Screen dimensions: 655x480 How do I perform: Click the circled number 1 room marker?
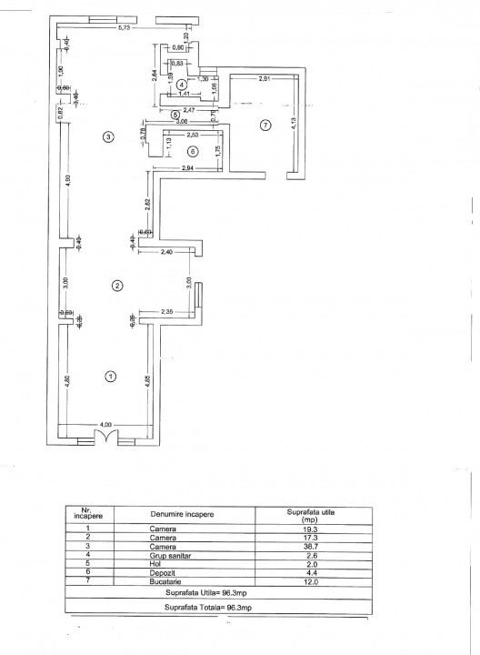(x=110, y=376)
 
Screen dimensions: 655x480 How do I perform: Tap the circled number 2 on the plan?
(x=116, y=286)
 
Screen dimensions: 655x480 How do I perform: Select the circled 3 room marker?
(x=108, y=137)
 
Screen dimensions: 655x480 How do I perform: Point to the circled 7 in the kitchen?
(x=265, y=125)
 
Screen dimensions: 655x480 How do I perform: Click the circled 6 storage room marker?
(x=192, y=151)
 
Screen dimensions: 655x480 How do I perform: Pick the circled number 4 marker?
(x=182, y=86)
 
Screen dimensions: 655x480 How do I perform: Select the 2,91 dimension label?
(x=264, y=80)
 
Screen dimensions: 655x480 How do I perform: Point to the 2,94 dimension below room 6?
(x=188, y=169)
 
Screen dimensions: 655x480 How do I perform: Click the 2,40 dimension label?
(x=166, y=251)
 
